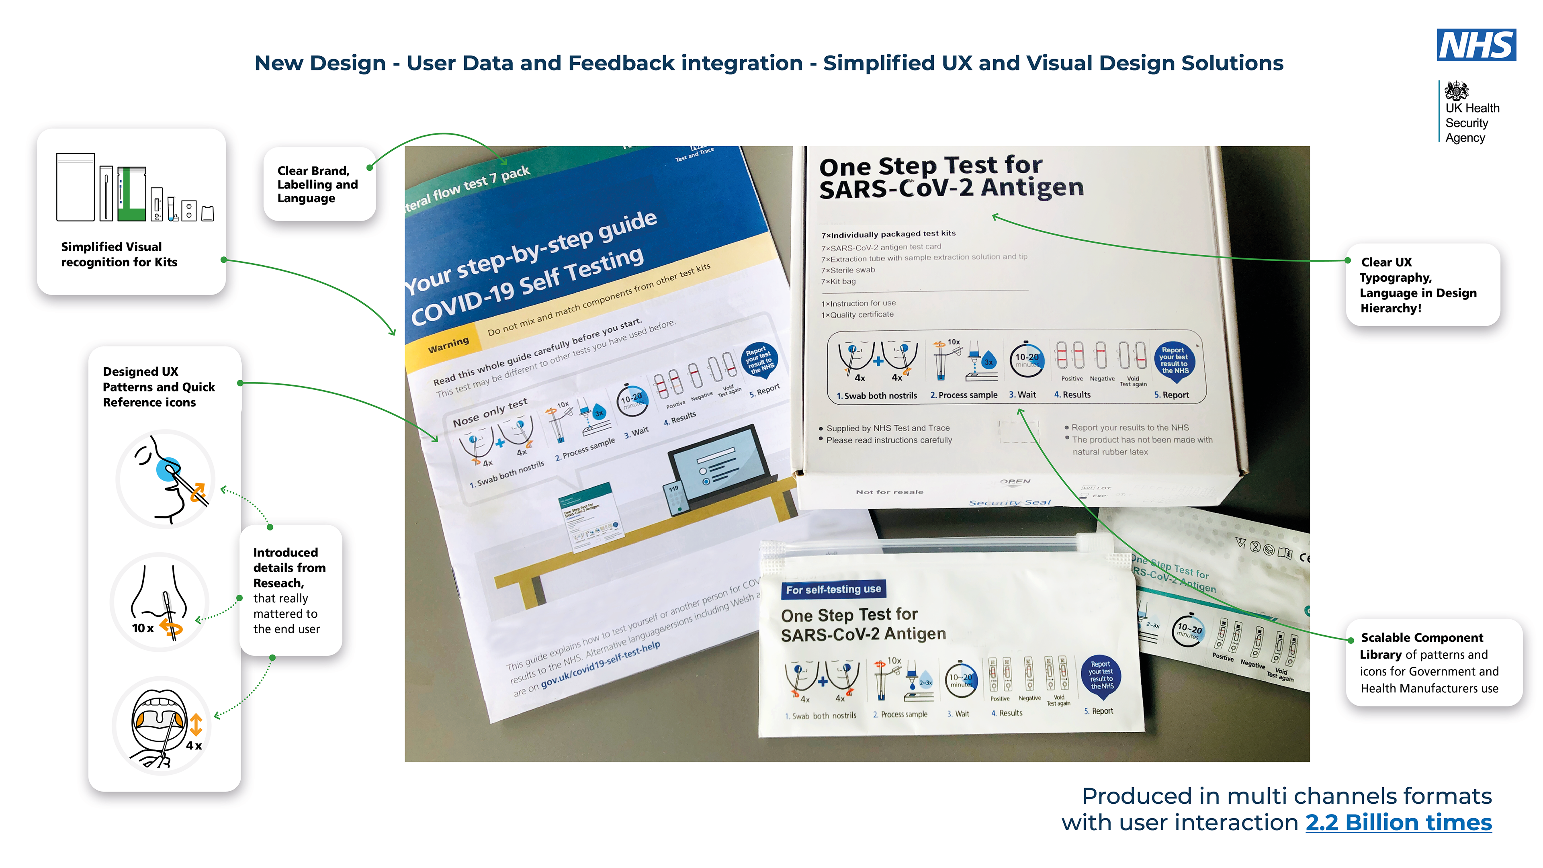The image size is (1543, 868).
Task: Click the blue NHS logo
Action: click(x=1476, y=45)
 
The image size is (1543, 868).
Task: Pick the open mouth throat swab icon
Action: click(x=162, y=725)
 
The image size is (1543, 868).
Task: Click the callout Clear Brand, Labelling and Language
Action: click(x=319, y=184)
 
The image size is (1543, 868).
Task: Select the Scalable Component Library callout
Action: click(x=1432, y=663)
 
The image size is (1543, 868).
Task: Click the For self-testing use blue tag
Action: click(x=833, y=590)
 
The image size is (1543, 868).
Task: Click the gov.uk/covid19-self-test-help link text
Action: click(x=601, y=665)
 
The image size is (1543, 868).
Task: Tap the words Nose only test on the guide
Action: click(x=489, y=412)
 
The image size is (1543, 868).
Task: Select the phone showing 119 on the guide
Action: click(x=675, y=497)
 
